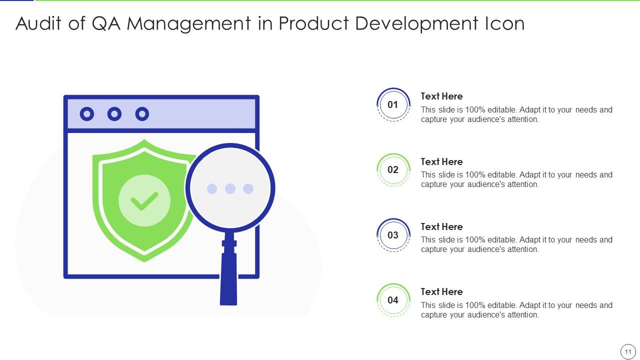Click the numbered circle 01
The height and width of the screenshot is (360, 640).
pyautogui.click(x=393, y=104)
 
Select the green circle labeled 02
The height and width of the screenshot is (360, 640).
pyautogui.click(x=393, y=169)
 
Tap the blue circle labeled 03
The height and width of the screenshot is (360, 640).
pyautogui.click(x=393, y=235)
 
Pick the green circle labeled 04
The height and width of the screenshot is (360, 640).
pyautogui.click(x=393, y=300)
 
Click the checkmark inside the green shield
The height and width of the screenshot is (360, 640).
pyautogui.click(x=144, y=201)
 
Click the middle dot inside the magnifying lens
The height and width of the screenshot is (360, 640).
pyautogui.click(x=230, y=188)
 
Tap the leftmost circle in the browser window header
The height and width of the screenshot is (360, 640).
pyautogui.click(x=87, y=114)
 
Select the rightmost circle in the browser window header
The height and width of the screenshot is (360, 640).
pyautogui.click(x=142, y=114)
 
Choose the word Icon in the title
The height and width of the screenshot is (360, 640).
pyautogui.click(x=504, y=23)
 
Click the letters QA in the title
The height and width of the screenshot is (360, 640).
pyautogui.click(x=106, y=23)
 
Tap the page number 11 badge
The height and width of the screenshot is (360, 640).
pyautogui.click(x=627, y=351)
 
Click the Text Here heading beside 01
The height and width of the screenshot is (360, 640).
pyautogui.click(x=441, y=96)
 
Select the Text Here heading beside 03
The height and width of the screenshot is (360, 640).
pyautogui.click(x=441, y=226)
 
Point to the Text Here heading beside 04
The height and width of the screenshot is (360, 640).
pyautogui.click(x=441, y=291)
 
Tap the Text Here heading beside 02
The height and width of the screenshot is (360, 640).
pyautogui.click(x=441, y=161)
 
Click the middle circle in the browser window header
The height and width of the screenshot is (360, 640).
pyautogui.click(x=114, y=114)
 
